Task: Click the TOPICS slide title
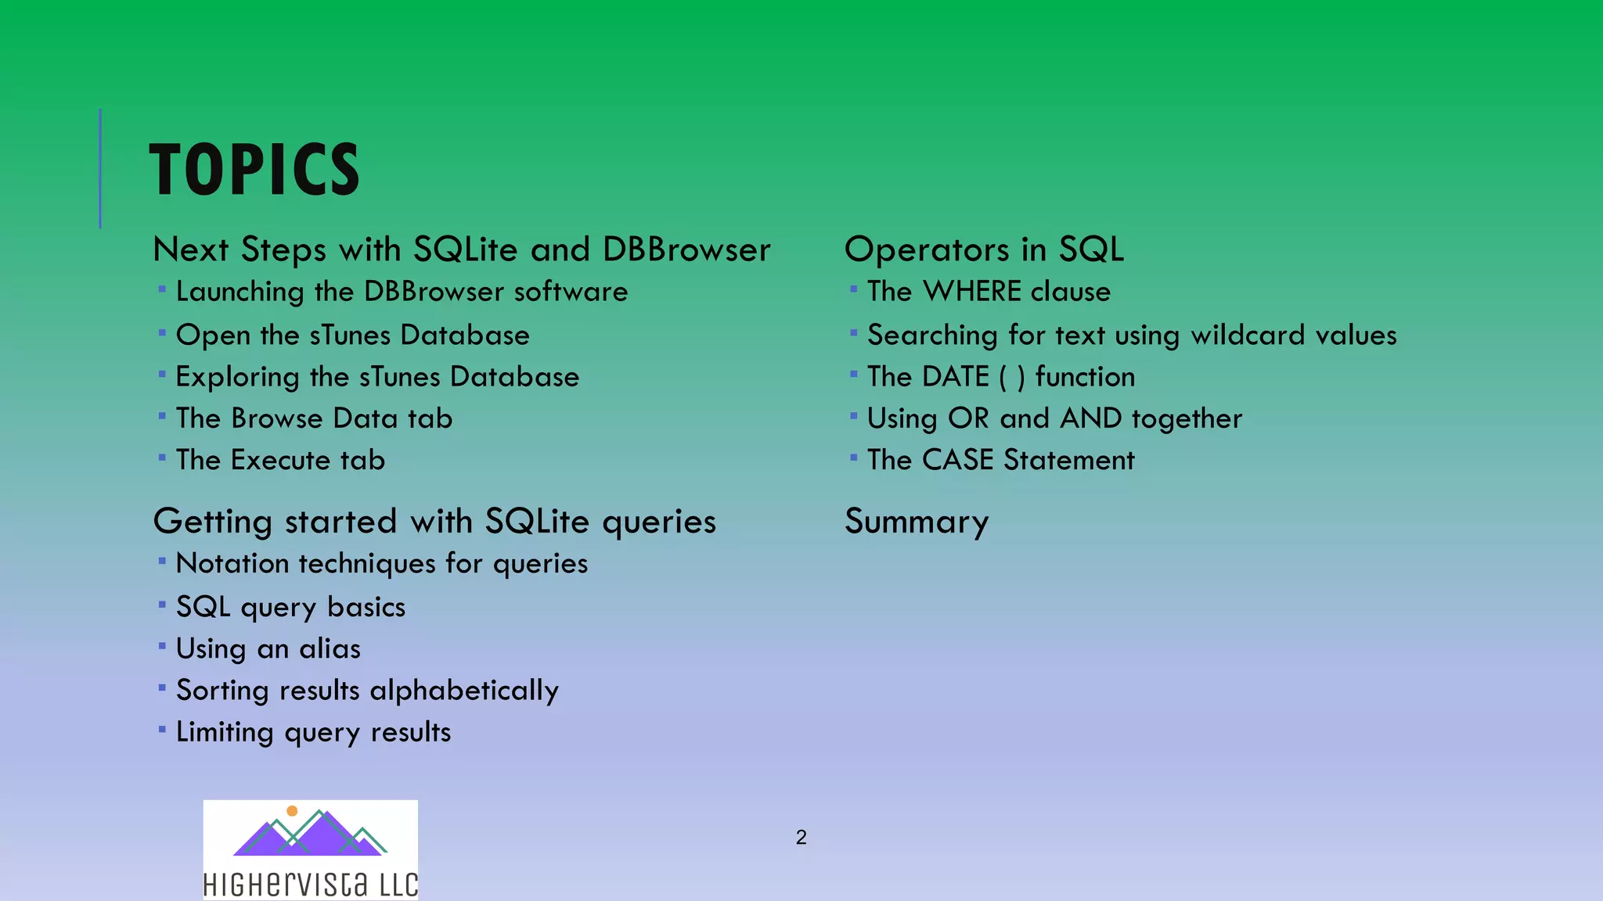254,170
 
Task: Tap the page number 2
801,838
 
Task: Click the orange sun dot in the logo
292,811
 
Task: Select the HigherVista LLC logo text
310,885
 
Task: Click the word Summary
917,522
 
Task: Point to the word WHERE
973,292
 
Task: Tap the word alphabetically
464,691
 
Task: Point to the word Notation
232,564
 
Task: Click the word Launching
240,292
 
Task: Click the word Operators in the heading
927,249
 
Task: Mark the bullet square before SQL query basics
162,605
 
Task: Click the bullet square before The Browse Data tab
162,416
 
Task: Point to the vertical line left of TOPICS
100,168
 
